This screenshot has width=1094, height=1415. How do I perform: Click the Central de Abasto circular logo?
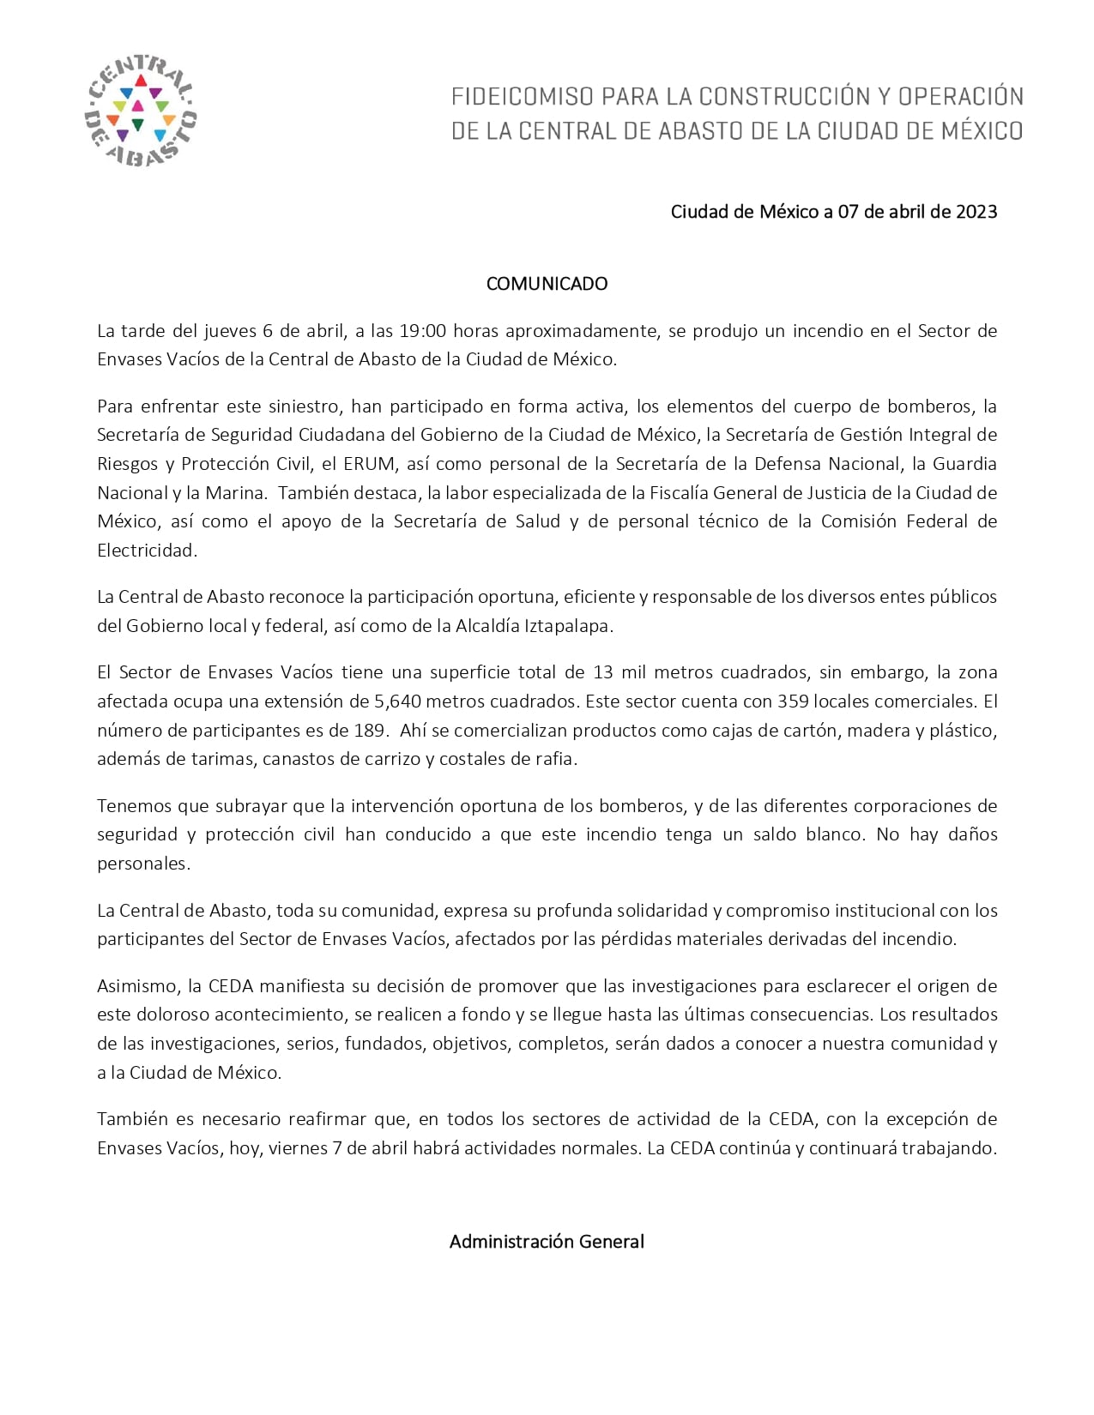pos(141,110)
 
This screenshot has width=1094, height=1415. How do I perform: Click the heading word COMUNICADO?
pos(547,284)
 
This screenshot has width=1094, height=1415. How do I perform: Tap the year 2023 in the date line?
pos(976,212)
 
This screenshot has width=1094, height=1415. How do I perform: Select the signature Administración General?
pos(547,1241)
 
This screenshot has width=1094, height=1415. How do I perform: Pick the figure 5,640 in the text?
pos(397,701)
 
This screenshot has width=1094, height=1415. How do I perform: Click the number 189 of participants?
pos(363,731)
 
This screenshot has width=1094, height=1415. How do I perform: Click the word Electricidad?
pos(147,551)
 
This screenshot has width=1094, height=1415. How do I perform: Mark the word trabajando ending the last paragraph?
pos(949,1148)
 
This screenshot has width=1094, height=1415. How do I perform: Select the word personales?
pos(142,864)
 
